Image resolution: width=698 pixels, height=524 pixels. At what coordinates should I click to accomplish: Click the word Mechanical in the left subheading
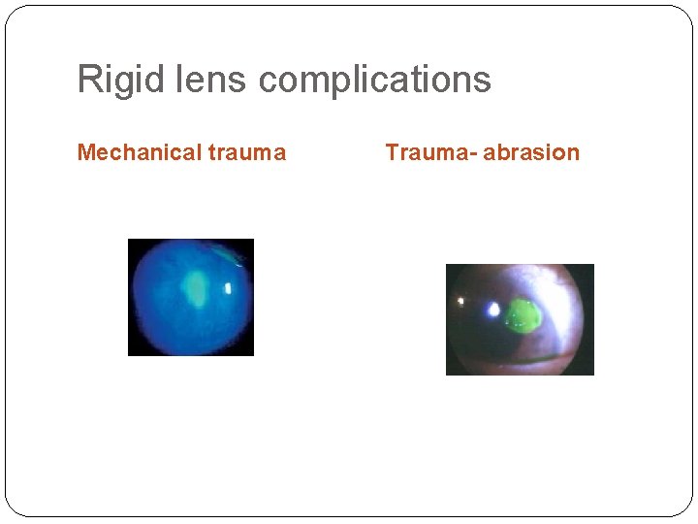click(x=139, y=152)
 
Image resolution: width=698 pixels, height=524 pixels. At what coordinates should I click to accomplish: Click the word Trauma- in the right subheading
click(x=429, y=152)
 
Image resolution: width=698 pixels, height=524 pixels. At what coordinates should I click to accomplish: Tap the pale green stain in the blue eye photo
click(x=197, y=288)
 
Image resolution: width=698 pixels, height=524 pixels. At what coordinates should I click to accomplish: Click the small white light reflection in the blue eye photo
click(x=229, y=288)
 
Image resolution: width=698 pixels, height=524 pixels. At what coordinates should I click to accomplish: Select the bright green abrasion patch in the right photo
click(x=524, y=316)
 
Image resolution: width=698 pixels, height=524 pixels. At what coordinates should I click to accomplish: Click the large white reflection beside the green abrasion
click(x=493, y=311)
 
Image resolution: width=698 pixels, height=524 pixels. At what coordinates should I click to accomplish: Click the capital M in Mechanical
click(x=85, y=152)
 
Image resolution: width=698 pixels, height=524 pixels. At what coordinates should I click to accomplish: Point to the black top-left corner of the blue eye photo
click(x=133, y=244)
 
